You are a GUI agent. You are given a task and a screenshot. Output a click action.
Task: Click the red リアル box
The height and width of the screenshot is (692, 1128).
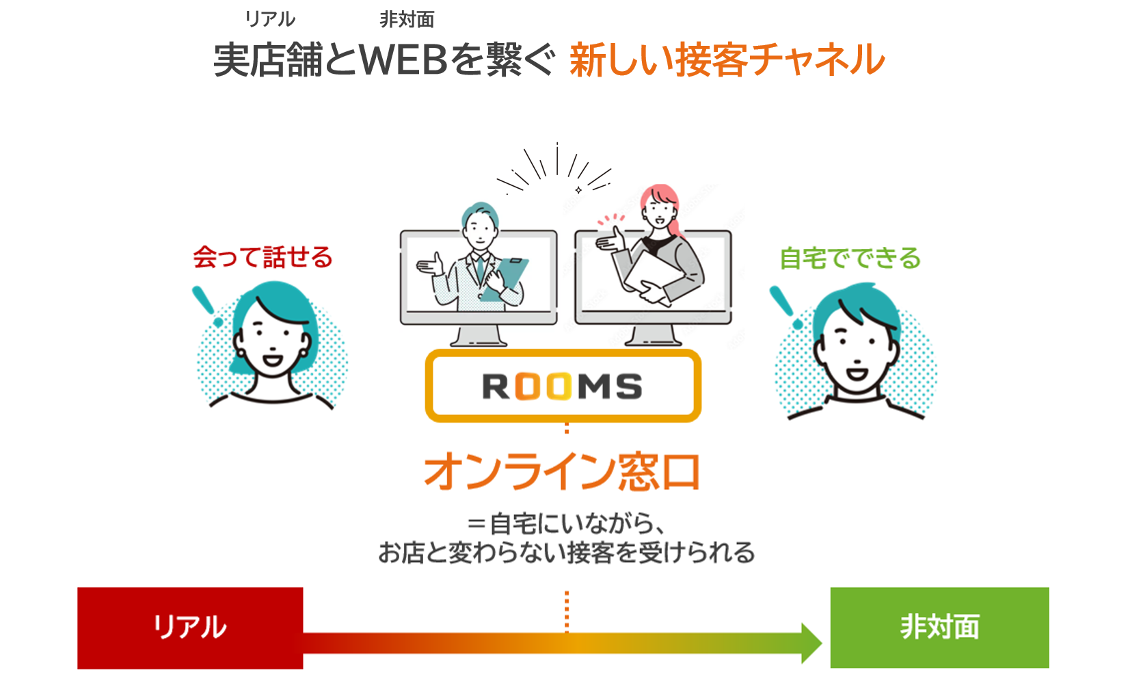(x=190, y=627)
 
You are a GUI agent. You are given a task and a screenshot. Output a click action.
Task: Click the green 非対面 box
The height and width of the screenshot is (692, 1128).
(x=939, y=627)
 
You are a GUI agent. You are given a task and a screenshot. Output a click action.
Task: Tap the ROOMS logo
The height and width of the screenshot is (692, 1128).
(x=563, y=386)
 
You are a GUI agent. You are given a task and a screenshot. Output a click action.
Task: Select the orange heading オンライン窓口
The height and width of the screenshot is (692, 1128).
(x=563, y=472)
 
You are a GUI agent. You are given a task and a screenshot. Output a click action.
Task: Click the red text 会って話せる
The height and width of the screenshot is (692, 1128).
(x=263, y=258)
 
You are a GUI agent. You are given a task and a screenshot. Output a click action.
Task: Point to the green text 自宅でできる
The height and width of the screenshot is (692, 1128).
(x=850, y=259)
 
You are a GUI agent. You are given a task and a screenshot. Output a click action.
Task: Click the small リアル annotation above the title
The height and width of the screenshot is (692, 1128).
(x=270, y=19)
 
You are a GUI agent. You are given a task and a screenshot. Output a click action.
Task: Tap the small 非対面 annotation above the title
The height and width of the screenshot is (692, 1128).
(x=407, y=20)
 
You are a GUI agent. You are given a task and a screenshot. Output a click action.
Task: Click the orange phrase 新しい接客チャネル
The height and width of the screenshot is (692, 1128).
(x=727, y=59)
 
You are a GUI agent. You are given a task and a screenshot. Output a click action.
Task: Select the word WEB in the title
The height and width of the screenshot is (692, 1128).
(x=403, y=59)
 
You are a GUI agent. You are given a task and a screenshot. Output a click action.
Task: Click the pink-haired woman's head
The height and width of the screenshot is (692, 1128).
(x=659, y=205)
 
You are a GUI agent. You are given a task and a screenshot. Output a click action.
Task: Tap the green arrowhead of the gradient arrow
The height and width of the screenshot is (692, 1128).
(x=811, y=643)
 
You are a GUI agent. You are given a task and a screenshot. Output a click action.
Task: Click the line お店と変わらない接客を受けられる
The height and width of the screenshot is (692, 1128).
(x=566, y=553)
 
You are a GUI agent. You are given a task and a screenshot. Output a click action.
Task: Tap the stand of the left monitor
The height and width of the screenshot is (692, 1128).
(x=479, y=336)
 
